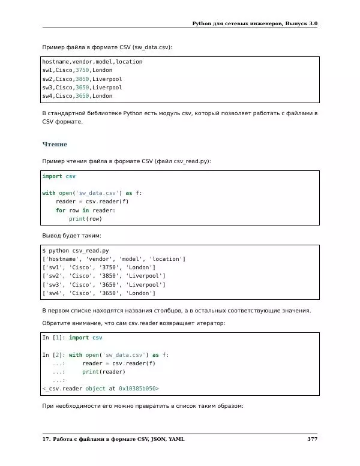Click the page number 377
point(312,440)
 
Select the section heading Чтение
point(55,145)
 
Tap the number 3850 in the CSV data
point(82,79)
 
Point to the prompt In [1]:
point(53,338)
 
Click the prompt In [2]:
point(53,354)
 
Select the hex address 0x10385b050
point(139,389)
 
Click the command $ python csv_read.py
point(75,250)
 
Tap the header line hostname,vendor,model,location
point(92,61)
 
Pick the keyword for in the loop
point(61,211)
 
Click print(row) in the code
point(85,219)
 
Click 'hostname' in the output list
point(63,259)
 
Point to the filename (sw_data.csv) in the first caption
point(151,47)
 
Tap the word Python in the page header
point(203,23)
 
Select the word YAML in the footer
point(176,440)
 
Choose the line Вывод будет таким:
point(71,236)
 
